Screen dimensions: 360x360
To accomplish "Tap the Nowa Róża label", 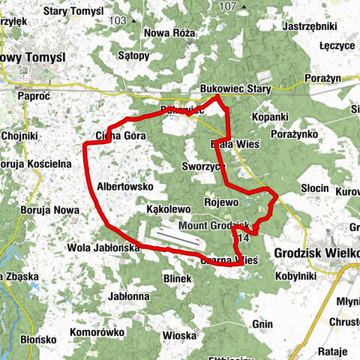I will tap(169, 32).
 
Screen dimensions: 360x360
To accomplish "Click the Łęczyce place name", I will tap(336, 45).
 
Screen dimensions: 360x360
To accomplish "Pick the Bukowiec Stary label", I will tap(235, 88).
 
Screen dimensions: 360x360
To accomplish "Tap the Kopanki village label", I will tap(270, 117).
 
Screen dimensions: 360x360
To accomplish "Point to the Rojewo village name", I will tap(220, 202).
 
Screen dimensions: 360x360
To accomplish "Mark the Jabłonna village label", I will tap(128, 296).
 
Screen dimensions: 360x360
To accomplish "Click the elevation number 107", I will tap(228, 7).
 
